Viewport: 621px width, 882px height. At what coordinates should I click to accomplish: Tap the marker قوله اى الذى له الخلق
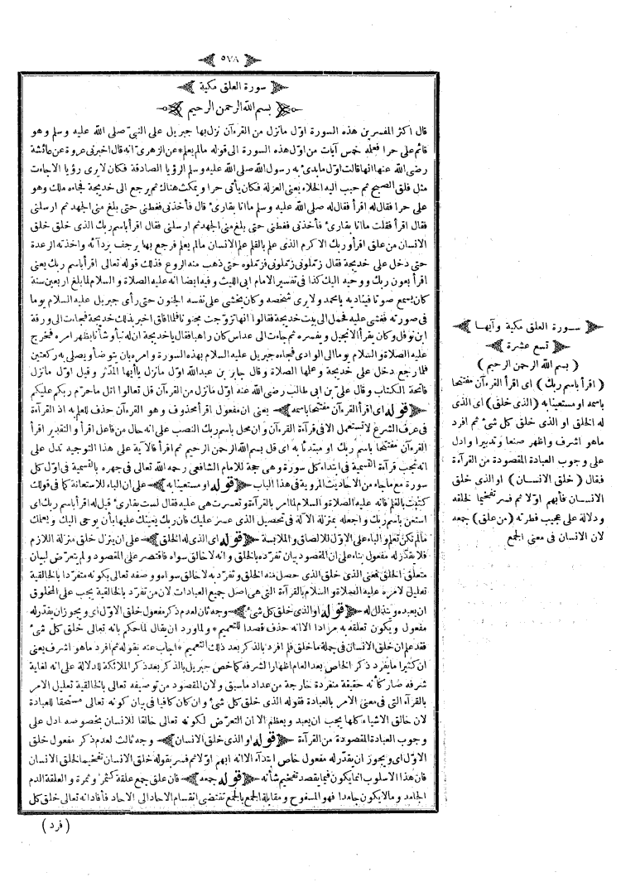[x=229, y=505]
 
